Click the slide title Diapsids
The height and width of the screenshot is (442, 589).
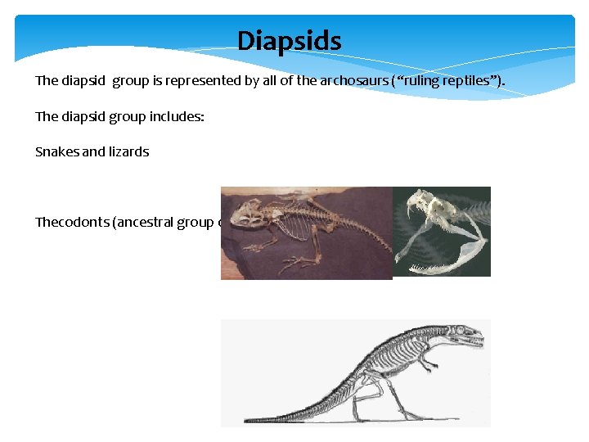point(289,40)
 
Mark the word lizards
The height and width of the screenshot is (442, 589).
point(128,151)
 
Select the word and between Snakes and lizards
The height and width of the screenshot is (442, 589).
point(92,151)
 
